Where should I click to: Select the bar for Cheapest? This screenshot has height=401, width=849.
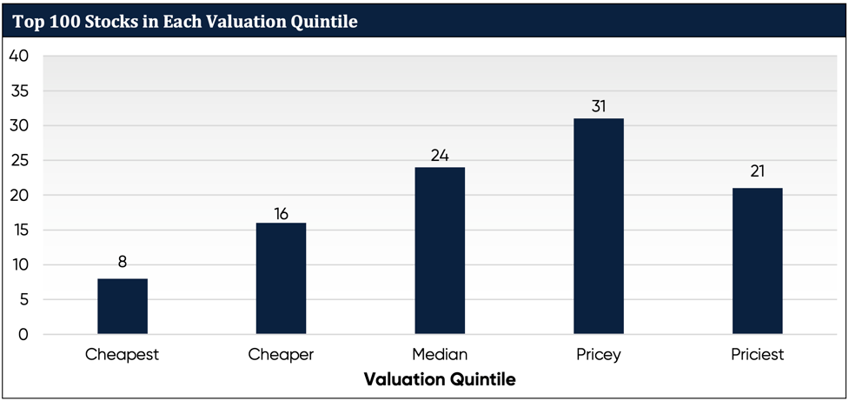123,306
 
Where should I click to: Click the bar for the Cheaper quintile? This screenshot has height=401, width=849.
281,278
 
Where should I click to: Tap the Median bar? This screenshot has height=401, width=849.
440,251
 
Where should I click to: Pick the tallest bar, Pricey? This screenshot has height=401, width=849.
598,226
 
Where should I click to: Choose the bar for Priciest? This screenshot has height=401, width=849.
757,261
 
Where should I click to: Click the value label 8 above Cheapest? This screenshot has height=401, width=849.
123,261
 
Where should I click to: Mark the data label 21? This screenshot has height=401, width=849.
757,170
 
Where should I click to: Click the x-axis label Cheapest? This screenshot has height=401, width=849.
123,355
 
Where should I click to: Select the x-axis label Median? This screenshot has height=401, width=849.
440,355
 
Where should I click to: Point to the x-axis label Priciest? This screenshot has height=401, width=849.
757,355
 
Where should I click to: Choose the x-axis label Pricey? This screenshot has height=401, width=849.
598,355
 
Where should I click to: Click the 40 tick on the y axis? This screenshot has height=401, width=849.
18,57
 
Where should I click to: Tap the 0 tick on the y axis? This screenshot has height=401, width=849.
23,335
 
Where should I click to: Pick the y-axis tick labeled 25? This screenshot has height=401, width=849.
18,161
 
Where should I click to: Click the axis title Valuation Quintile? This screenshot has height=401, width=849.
439,379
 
